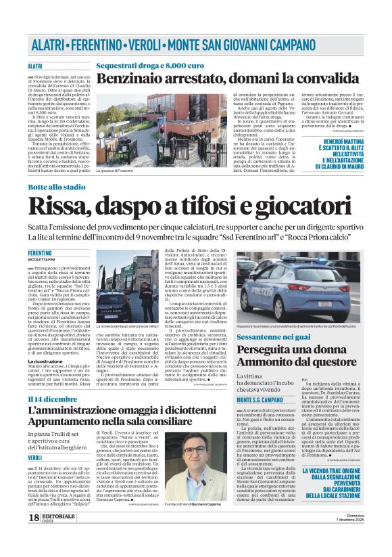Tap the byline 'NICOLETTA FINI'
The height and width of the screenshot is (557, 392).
coord(43,258)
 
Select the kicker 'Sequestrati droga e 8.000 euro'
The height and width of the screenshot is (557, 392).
coord(150,66)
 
